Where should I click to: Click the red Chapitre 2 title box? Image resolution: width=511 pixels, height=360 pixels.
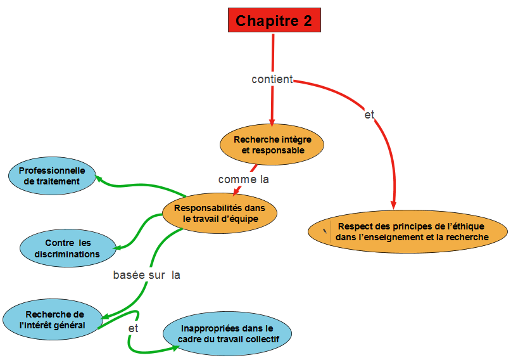tap(274, 20)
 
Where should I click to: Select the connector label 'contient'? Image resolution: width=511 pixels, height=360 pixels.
tap(272, 79)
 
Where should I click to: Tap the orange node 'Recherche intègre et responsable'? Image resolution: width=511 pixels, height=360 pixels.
tap(273, 145)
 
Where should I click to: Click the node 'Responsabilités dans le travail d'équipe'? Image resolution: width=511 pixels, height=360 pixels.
tap(220, 213)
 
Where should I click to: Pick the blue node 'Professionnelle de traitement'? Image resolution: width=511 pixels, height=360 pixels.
tap(52, 176)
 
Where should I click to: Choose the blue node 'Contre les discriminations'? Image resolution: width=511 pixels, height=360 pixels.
tap(68, 248)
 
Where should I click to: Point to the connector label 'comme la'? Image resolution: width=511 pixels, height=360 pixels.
tap(244, 179)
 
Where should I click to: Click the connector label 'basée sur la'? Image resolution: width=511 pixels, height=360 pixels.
tap(147, 275)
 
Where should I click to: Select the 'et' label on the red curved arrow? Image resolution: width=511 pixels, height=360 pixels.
tap(370, 115)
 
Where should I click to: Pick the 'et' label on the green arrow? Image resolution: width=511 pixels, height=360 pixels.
tap(133, 328)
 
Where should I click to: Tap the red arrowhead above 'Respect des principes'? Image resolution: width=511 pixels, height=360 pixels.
tap(394, 204)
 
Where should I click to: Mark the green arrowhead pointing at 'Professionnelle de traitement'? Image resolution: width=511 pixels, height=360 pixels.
tap(99, 180)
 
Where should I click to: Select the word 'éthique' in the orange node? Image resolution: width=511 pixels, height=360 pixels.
tap(468, 226)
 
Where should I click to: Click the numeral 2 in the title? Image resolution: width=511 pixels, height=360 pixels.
tap(307, 20)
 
